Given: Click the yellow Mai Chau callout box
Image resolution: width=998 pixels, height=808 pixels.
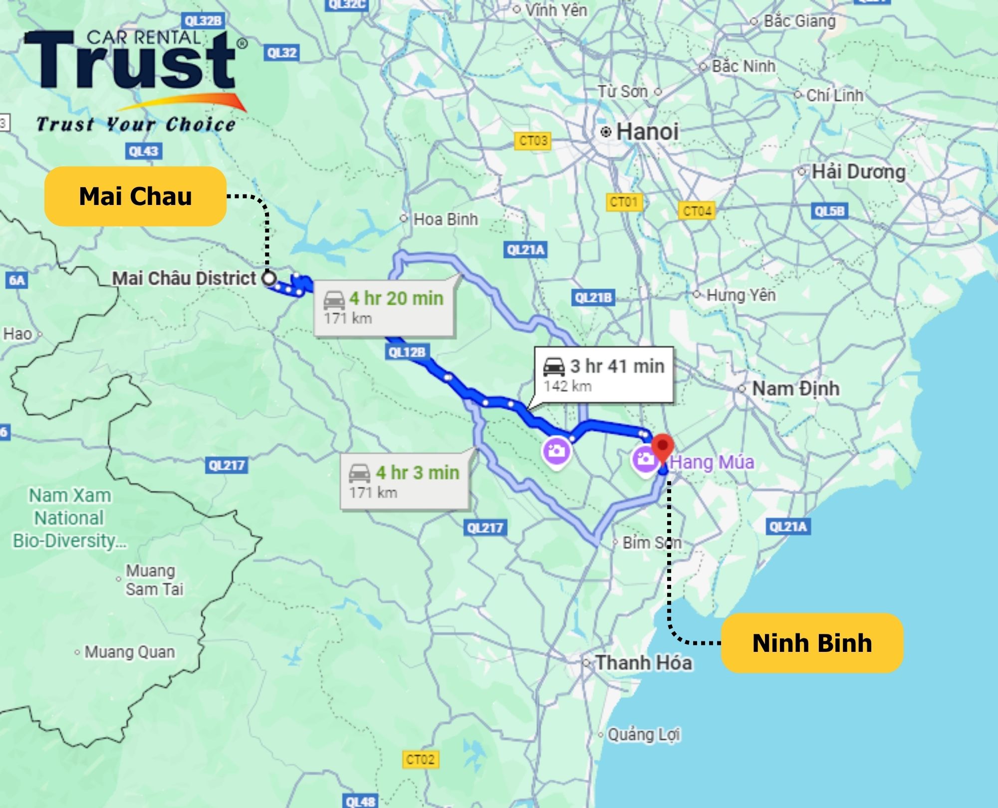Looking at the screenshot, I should tap(135, 196).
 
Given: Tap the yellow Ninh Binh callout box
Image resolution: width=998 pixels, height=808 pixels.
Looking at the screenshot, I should tap(812, 642).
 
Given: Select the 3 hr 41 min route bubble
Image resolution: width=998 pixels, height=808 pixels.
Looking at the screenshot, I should tap(604, 375).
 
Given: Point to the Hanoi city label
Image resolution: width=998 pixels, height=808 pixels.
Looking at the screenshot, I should tap(647, 132).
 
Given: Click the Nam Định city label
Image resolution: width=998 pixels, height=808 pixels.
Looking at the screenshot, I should tap(795, 388).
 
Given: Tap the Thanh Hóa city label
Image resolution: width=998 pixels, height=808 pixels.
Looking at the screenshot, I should tap(643, 662).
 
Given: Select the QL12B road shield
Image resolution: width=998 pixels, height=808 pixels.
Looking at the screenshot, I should tap(407, 352).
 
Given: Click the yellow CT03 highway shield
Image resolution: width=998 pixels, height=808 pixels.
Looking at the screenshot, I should tap(533, 141).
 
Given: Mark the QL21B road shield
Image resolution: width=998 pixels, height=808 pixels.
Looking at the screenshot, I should tap(593, 298).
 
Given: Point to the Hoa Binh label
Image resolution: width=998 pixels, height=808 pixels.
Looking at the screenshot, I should tap(445, 219).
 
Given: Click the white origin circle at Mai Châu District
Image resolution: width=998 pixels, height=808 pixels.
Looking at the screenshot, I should tap(269, 278).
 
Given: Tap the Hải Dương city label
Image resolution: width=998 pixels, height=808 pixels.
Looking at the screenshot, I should tap(858, 172).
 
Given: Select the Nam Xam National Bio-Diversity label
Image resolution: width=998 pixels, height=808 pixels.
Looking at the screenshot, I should tap(70, 518).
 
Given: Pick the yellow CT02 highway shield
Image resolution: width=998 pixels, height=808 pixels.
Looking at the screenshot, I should tap(420, 759).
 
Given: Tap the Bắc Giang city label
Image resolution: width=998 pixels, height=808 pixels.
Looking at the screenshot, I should tap(799, 21).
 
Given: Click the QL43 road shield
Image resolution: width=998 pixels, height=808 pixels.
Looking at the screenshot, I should tap(143, 151).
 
